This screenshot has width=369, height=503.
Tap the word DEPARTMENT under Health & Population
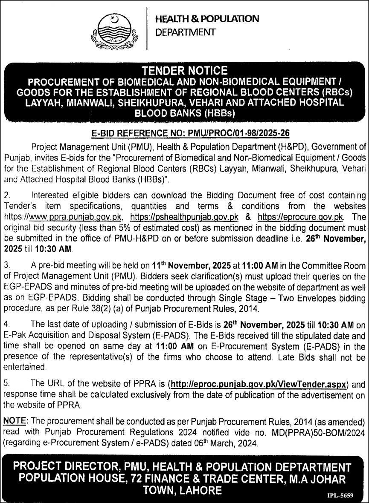pyautogui.click(x=185, y=32)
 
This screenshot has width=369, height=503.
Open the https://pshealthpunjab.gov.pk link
pyautogui.click(x=184, y=217)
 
